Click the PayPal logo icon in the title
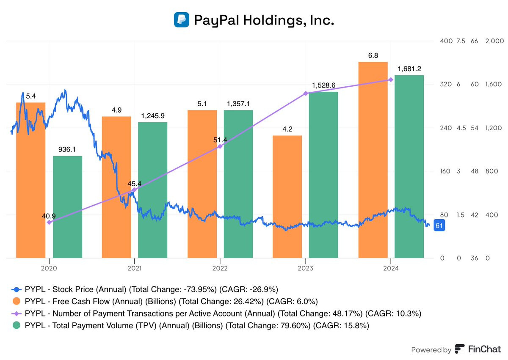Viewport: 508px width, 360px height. pyautogui.click(x=181, y=20)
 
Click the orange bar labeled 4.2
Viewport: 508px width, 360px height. pyautogui.click(x=287, y=196)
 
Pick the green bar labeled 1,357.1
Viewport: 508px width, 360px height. pyautogui.click(x=238, y=184)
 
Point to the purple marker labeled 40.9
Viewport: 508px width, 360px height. pyautogui.click(x=49, y=222)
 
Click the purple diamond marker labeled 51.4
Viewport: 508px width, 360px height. pyautogui.click(x=220, y=146)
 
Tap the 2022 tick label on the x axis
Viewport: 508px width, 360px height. pyautogui.click(x=220, y=268)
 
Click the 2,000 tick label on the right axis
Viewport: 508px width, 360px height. pyautogui.click(x=494, y=41)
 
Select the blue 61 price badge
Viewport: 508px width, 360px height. pyautogui.click(x=439, y=226)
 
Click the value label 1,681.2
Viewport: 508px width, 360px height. pyautogui.click(x=409, y=69)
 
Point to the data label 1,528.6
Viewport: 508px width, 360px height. pyautogui.click(x=323, y=85)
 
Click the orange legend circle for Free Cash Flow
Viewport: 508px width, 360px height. pyautogui.click(x=16, y=302)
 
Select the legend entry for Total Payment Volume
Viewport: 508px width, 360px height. pyautogui.click(x=190, y=325)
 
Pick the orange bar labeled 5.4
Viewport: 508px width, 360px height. pyautogui.click(x=30, y=180)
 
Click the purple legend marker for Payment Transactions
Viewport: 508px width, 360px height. pyautogui.click(x=16, y=313)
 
